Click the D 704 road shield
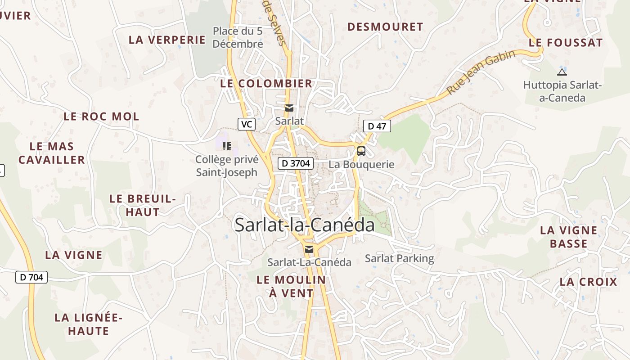(31, 277)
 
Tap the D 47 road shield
(377, 126)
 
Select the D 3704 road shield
(295, 163)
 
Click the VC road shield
(246, 124)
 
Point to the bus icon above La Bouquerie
(361, 151)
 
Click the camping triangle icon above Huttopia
(562, 72)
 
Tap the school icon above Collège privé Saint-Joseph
(227, 146)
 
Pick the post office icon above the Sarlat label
(289, 108)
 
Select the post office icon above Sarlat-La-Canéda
(309, 249)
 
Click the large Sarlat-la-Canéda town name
(305, 225)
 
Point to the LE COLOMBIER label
(266, 83)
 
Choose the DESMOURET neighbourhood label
(385, 27)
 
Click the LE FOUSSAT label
(566, 43)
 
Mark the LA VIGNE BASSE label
(569, 237)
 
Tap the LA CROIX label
(589, 282)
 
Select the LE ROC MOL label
(101, 117)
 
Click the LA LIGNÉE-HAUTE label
(89, 324)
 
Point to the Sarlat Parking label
(400, 258)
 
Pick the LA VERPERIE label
(167, 40)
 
